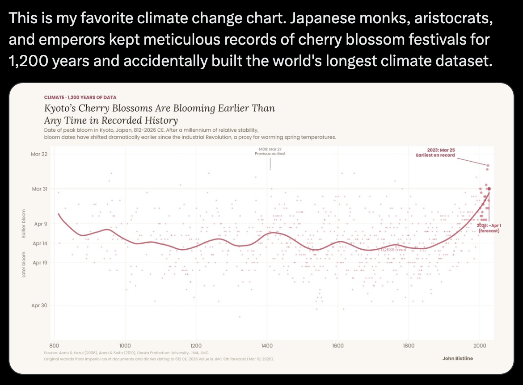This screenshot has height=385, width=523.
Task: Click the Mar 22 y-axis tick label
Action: pos(40,154)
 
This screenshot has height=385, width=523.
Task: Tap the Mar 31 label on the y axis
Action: pos(40,189)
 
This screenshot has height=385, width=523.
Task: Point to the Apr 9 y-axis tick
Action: pos(41,224)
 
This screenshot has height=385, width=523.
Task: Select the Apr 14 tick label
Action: pos(40,243)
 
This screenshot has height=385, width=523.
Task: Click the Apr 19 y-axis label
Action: pos(40,263)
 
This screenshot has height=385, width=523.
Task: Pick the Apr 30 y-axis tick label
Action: pos(40,305)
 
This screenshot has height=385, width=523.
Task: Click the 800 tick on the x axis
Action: pos(55,345)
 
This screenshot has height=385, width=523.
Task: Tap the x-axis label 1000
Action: pos(125,345)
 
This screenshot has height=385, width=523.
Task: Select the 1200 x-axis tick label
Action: pos(196,345)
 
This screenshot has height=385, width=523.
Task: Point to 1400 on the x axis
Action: pos(267,345)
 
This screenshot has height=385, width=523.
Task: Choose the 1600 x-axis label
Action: pos(338,345)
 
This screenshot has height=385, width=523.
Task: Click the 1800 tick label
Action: pos(409,345)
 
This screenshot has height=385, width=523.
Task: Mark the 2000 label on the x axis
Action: pos(480,345)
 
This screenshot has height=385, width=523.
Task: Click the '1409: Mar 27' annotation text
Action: pos(270,149)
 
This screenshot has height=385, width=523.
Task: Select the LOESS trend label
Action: pos(393,250)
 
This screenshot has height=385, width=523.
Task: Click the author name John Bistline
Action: pos(458,358)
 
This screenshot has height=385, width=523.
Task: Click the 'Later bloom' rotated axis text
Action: pos(24,265)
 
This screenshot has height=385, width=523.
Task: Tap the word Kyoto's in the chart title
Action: pos(59,109)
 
